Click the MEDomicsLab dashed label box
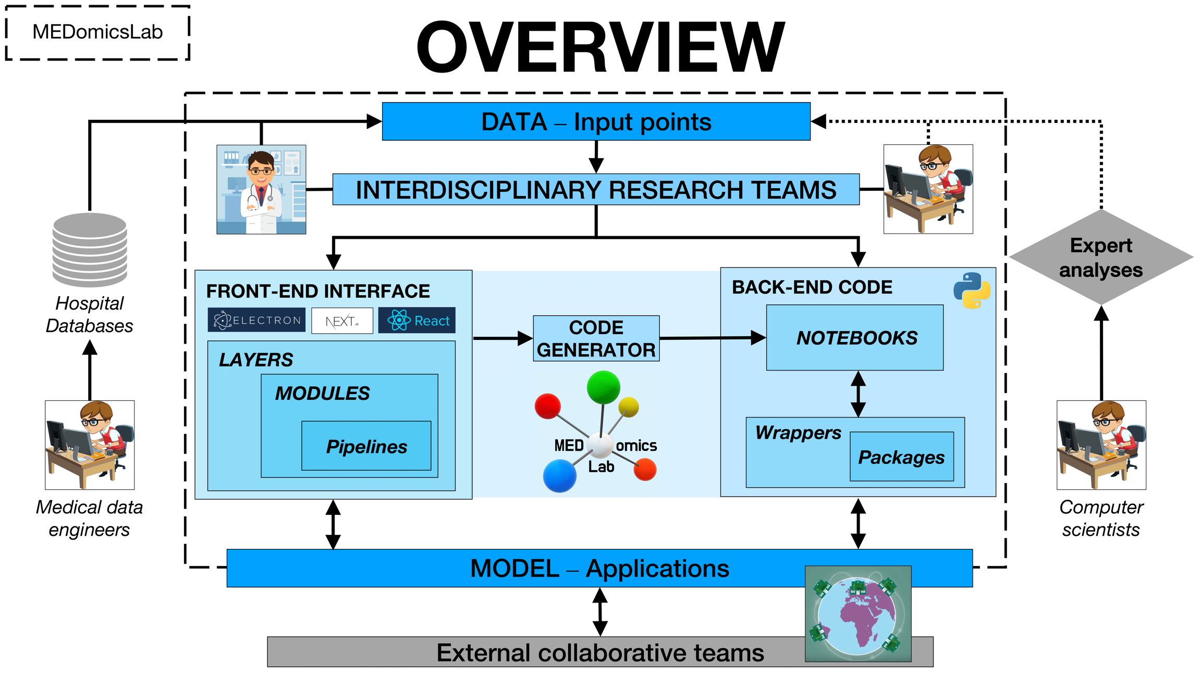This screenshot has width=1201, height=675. tap(97, 32)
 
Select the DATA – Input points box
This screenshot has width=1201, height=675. tap(596, 121)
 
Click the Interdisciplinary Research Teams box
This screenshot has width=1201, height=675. tap(596, 189)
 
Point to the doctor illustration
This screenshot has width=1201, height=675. tap(261, 189)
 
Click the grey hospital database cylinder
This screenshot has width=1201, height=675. tap(90, 250)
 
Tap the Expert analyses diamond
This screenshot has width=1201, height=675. tap(1101, 257)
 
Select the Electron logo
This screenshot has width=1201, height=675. tap(256, 320)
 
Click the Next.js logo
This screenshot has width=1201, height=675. tap(342, 321)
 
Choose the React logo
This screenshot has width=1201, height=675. tap(417, 321)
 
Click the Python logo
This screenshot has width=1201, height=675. tap(972, 290)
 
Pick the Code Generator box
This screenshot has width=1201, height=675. tap(596, 338)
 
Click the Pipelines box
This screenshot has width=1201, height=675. tap(366, 446)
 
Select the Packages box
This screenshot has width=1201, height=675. tap(901, 457)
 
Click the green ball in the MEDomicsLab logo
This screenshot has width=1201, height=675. tap(603, 387)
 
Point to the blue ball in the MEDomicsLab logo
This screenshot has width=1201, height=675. tap(559, 475)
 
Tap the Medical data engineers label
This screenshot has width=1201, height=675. tap(89, 518)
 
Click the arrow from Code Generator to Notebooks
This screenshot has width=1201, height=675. tap(712, 338)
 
